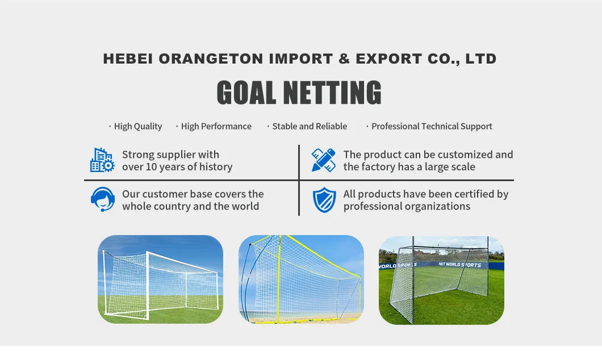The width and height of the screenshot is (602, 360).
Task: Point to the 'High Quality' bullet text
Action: tap(138, 127)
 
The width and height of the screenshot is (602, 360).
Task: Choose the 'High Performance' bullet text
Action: tap(216, 127)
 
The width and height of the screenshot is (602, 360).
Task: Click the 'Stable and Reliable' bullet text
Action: tap(310, 127)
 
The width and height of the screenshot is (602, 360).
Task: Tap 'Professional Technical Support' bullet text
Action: tap(432, 127)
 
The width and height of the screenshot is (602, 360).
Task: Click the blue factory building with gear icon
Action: tap(102, 160)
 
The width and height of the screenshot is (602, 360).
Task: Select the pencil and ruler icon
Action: tap(324, 160)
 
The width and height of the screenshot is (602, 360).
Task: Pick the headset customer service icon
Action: tap(102, 199)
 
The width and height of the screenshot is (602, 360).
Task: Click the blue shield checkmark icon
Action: tap(324, 200)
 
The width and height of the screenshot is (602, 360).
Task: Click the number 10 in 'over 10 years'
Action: tap(151, 167)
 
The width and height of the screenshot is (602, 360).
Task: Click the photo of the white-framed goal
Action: tap(160, 279)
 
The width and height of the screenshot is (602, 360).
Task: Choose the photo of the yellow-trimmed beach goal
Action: tap(301, 279)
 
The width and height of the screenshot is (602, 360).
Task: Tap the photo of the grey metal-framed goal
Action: tap(441, 279)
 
